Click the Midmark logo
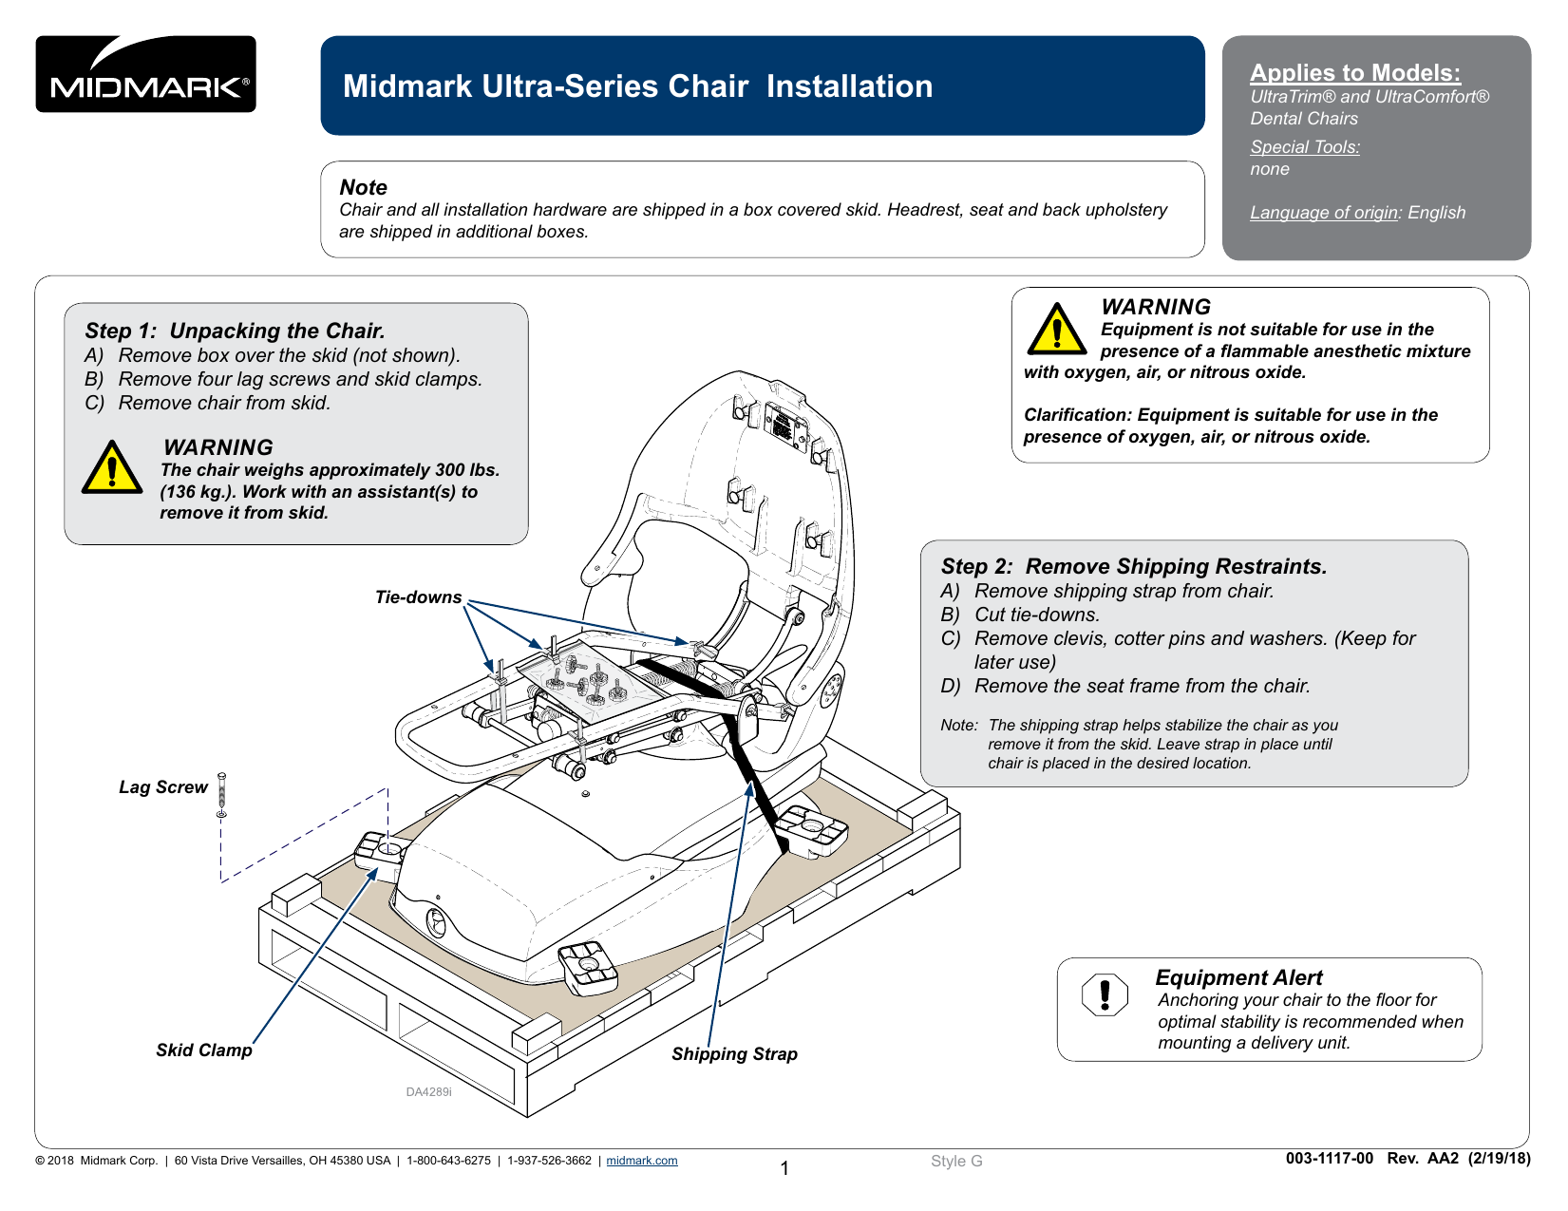coord(145,75)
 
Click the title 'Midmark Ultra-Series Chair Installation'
coord(637,86)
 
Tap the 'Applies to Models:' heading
coord(1354,73)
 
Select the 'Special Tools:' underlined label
coord(1304,147)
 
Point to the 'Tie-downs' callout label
coord(418,597)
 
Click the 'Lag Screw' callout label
coord(162,787)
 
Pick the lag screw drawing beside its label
coord(221,794)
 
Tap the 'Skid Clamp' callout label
coord(204,1050)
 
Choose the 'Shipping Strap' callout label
coord(734,1054)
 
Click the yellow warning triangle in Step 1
coord(112,468)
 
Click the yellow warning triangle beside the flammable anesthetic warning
coord(1056,330)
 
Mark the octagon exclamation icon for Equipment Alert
coord(1105,994)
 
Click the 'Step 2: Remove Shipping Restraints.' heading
coord(1133,567)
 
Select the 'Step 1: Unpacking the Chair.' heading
coord(235,331)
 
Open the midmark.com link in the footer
coord(642,1161)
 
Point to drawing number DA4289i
coord(428,1092)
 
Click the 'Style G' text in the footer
coord(956,1161)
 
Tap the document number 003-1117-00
coord(1329,1159)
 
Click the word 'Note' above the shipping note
coord(363,188)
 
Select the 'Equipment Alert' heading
coord(1238,978)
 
